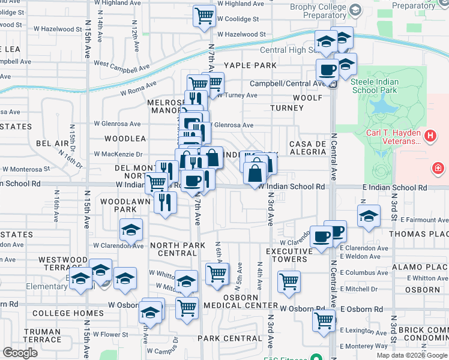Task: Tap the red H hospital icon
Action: [x=430, y=136]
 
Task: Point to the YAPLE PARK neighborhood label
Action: [x=250, y=65]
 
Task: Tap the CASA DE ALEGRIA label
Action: [x=307, y=148]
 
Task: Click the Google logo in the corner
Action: [x=20, y=352]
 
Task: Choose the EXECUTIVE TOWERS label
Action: [x=286, y=256]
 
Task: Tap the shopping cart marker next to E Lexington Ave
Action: [x=324, y=320]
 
